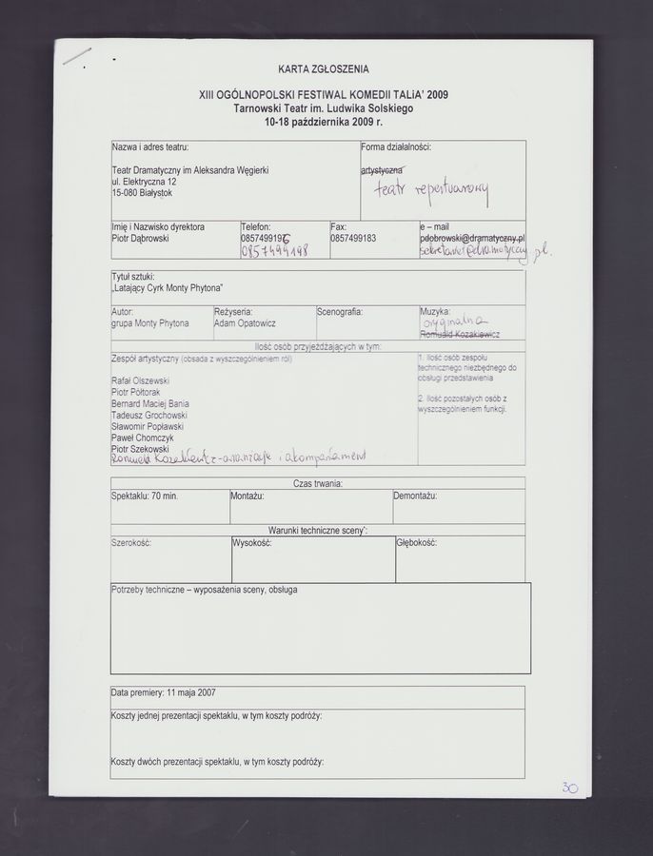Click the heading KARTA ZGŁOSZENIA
(x=324, y=69)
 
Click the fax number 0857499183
(x=353, y=239)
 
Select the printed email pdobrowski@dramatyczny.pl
(x=471, y=239)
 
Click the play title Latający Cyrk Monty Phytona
(x=168, y=288)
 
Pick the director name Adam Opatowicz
(x=245, y=323)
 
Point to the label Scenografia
(x=340, y=311)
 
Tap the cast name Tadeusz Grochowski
(x=149, y=415)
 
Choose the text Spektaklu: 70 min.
(x=145, y=496)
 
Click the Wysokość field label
(x=252, y=543)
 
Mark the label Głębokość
(x=417, y=543)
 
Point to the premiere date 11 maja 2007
(x=163, y=692)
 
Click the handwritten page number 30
(x=569, y=788)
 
